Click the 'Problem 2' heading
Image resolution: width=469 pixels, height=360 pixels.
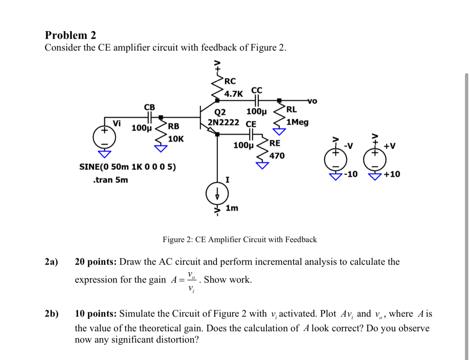(70, 35)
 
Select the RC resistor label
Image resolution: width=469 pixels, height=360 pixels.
(230, 81)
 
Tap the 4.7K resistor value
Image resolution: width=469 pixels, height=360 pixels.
(234, 94)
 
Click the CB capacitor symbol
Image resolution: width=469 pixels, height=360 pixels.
(150, 117)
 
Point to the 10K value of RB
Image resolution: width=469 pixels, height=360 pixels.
(176, 139)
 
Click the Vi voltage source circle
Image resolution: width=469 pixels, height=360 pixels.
(104, 137)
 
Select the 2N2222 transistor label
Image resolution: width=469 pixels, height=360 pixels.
(223, 122)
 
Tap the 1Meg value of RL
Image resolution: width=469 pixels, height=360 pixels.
(298, 122)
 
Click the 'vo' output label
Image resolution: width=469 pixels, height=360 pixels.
(313, 101)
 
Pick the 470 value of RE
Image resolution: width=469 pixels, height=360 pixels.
(277, 156)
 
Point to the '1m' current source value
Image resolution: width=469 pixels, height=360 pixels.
(232, 208)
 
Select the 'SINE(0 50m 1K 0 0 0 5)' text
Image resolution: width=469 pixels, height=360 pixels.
(128, 167)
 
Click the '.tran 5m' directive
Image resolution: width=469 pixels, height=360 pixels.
(110, 180)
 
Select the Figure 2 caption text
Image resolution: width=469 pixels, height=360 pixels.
(239, 239)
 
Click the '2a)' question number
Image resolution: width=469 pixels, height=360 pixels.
(52, 262)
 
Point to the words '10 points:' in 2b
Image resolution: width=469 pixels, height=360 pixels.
(96, 314)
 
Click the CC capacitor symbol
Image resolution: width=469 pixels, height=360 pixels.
(256, 100)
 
